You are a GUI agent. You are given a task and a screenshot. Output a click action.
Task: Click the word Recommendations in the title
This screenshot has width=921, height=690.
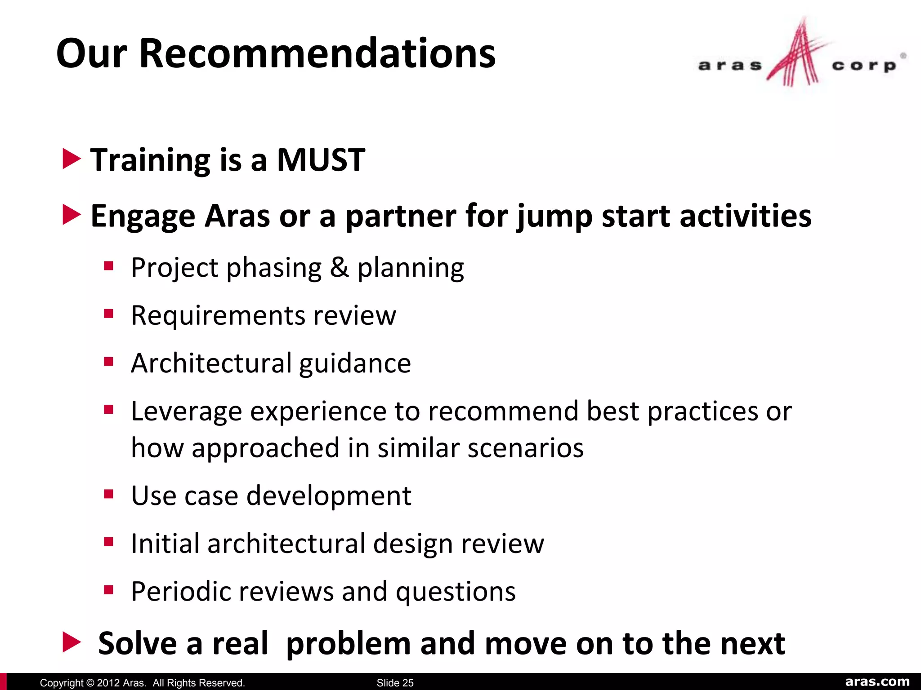point(317,54)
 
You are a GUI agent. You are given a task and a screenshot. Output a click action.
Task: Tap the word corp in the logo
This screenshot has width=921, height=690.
point(864,66)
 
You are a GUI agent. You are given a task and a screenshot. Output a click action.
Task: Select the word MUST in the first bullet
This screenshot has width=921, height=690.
point(321,160)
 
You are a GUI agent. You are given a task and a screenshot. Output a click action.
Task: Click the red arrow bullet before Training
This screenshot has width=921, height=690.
point(71,159)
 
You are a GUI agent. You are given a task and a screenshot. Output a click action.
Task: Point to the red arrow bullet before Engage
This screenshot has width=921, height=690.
point(71,215)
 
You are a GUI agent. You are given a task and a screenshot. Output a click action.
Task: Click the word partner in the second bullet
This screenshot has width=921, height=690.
point(400,217)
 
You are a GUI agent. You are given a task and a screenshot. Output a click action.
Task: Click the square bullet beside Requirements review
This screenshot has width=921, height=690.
point(108,313)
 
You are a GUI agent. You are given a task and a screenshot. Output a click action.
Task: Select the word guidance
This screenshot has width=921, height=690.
point(355,363)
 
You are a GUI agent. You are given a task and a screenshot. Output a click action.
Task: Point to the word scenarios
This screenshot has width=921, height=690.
point(525,448)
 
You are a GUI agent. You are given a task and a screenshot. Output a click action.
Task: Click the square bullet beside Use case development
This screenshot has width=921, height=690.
point(108,494)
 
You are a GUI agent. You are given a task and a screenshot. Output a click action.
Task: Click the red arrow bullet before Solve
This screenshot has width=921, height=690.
point(71,642)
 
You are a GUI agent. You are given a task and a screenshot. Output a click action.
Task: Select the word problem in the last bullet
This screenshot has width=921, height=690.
point(349,644)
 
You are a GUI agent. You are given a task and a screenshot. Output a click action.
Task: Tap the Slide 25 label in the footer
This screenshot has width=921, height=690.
point(395,683)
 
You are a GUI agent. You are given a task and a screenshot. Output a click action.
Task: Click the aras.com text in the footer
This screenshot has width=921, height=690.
point(877,682)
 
